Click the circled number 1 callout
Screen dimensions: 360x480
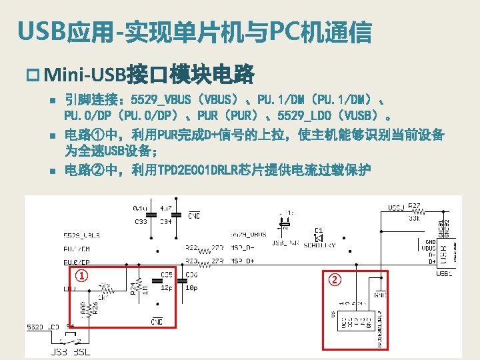(x=81, y=276)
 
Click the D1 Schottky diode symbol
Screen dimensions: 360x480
(x=318, y=238)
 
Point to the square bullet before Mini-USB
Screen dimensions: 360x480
(x=35, y=72)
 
